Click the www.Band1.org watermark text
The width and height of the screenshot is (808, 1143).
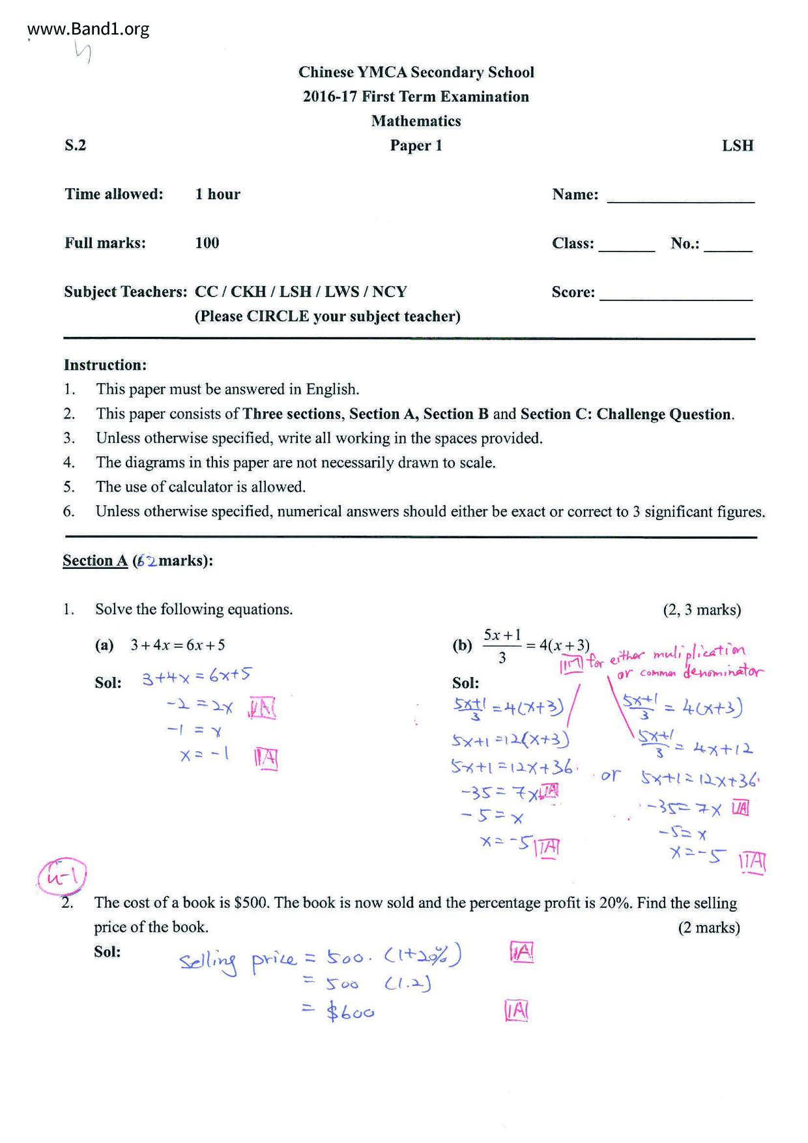pos(89,29)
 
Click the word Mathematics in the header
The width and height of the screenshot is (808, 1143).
pos(416,121)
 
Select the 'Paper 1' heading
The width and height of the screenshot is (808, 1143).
pos(416,145)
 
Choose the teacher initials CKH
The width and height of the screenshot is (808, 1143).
pos(248,291)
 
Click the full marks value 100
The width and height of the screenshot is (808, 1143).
pos(207,243)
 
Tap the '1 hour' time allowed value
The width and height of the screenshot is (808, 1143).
pos(218,194)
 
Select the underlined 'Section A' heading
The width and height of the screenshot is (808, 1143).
pos(95,560)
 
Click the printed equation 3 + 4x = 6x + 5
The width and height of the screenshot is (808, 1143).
pos(177,645)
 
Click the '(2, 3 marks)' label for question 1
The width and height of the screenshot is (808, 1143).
pos(702,610)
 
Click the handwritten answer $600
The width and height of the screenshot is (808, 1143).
pos(351,1011)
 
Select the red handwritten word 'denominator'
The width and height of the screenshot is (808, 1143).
pos(723,671)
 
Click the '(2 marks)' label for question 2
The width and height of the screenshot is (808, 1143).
pos(708,927)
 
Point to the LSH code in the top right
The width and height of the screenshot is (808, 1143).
pos(737,145)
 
